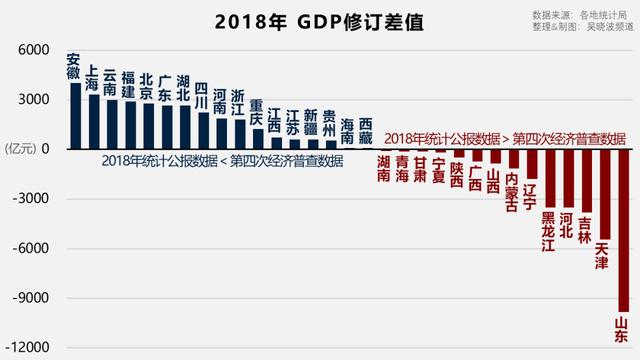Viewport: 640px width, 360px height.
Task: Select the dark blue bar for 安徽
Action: point(75,115)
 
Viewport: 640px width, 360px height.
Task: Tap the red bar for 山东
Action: point(623,230)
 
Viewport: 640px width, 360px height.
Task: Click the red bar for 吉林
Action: point(586,180)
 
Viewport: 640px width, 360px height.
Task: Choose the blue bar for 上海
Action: point(93,121)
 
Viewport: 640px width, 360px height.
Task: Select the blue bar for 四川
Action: point(203,130)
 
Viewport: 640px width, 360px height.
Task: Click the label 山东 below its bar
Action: point(623,331)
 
